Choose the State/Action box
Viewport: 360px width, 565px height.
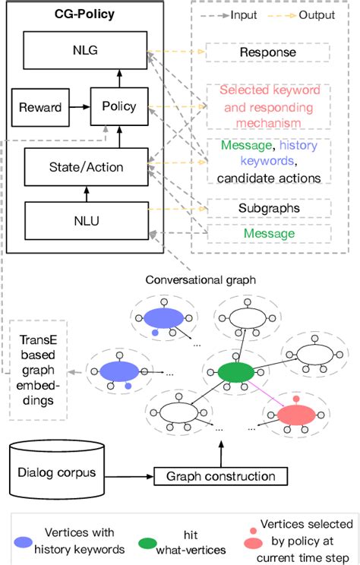[84, 166]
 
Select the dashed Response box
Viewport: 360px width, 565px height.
[269, 52]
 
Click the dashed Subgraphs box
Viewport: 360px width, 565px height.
[268, 207]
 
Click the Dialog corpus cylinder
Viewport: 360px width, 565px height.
[57, 471]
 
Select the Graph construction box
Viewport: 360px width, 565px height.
[221, 477]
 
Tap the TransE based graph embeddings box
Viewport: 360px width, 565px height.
[38, 375]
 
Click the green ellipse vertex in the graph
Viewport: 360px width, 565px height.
[235, 371]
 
